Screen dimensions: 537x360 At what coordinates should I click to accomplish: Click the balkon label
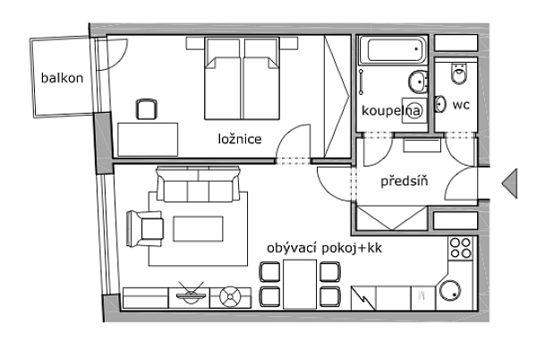(62, 78)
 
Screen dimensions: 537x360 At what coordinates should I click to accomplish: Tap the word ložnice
(240, 139)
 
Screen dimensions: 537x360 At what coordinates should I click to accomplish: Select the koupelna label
(391, 111)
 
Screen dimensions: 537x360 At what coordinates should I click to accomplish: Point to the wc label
(461, 105)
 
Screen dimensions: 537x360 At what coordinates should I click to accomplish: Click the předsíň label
(405, 181)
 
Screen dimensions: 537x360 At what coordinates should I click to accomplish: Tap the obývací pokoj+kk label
(324, 248)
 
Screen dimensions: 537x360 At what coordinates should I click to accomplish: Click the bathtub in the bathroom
(393, 50)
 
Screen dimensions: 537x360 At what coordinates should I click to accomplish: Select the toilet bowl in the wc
(459, 73)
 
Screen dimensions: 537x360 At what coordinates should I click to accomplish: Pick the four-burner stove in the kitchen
(460, 248)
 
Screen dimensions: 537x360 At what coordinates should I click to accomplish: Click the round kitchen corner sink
(450, 290)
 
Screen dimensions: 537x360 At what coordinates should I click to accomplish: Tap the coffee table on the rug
(198, 229)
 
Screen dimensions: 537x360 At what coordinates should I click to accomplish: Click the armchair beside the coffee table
(144, 228)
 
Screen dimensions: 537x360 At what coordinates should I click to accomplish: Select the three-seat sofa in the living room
(198, 184)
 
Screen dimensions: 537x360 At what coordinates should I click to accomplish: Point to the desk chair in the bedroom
(147, 109)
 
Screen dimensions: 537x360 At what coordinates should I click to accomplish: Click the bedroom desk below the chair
(148, 140)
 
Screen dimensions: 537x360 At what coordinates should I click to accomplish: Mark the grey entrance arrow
(510, 184)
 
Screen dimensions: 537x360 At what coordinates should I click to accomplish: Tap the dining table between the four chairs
(300, 284)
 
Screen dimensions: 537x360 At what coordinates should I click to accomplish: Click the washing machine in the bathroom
(414, 110)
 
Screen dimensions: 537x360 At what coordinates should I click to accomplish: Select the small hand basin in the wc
(439, 104)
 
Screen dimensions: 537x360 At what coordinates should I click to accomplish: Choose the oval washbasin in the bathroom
(417, 81)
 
